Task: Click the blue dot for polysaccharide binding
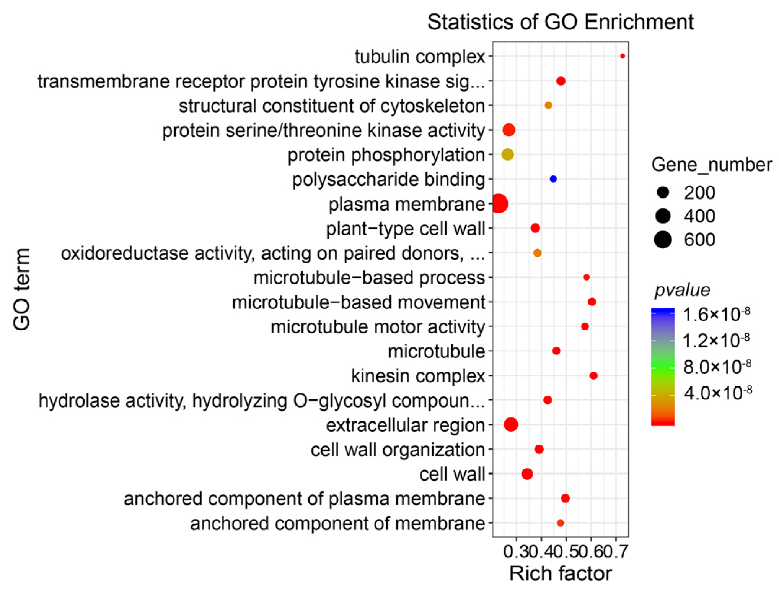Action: [x=553, y=179]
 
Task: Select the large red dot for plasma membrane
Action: [x=499, y=203]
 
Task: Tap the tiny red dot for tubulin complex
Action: [x=623, y=56]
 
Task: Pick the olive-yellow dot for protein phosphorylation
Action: [x=508, y=154]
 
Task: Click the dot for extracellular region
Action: [x=511, y=424]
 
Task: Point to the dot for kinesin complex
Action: [x=593, y=376]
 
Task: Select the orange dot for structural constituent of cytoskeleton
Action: [x=548, y=105]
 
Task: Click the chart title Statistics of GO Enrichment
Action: [x=560, y=22]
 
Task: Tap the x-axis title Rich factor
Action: [x=561, y=573]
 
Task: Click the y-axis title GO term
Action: [x=22, y=289]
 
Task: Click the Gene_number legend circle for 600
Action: [x=663, y=240]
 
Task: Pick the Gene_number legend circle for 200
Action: [x=663, y=192]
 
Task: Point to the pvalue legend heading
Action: [x=682, y=290]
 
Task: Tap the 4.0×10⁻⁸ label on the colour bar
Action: [x=718, y=393]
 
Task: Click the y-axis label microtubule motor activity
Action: [x=378, y=327]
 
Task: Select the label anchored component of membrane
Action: [x=337, y=523]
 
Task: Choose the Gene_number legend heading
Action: [x=711, y=165]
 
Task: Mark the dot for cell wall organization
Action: [x=539, y=449]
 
